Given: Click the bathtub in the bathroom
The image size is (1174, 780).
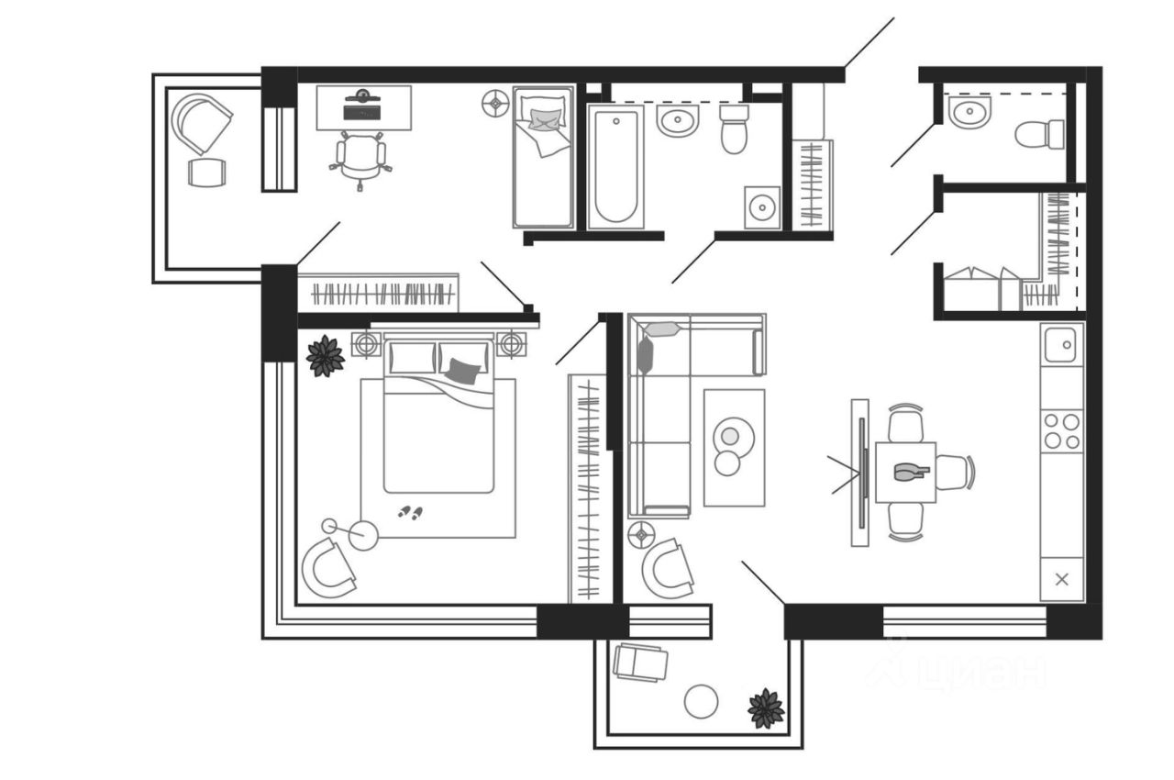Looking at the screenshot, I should click(615, 165).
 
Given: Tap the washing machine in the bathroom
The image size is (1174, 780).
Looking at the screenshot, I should click(762, 207).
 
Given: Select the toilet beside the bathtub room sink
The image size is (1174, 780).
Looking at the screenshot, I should click(734, 128).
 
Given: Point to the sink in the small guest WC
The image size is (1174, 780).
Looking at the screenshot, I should click(967, 114).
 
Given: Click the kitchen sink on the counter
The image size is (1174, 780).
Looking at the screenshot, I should click(1062, 345).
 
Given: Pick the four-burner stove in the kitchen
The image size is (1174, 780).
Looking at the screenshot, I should click(1062, 430).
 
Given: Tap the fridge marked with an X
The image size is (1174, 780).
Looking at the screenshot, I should click(1062, 579).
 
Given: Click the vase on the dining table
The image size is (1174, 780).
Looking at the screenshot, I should click(911, 472).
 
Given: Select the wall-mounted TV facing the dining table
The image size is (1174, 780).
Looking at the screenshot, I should click(861, 473).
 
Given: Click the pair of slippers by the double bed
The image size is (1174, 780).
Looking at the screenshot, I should click(410, 512).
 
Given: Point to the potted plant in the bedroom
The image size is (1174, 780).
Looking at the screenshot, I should click(326, 356).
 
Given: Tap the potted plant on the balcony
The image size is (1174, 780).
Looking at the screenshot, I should click(766, 708).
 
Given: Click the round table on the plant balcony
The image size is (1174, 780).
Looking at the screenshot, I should click(702, 702).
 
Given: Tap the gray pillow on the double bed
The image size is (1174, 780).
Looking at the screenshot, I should click(463, 371).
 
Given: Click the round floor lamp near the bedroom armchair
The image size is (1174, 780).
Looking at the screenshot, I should click(363, 535).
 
